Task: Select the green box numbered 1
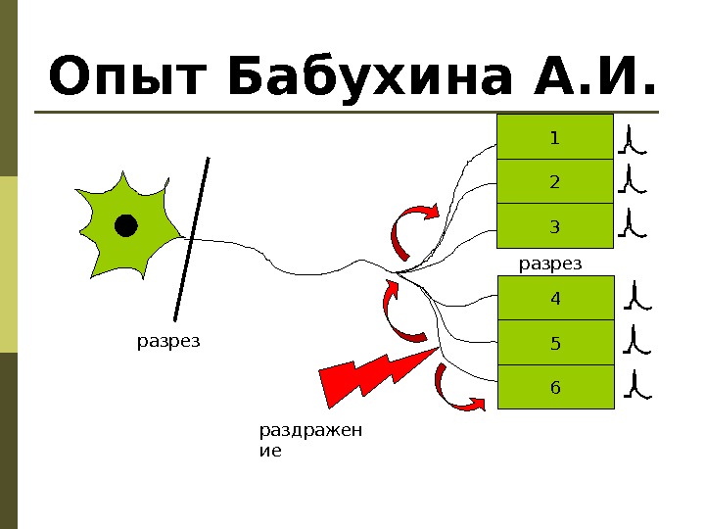555,137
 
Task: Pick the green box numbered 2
555,182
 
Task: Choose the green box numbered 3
555,227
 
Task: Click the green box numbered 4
556,298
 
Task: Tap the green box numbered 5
556,343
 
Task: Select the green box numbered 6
556,388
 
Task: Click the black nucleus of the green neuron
125,226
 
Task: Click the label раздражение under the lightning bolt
309,441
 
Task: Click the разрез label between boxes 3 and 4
549,263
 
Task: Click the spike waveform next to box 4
637,297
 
